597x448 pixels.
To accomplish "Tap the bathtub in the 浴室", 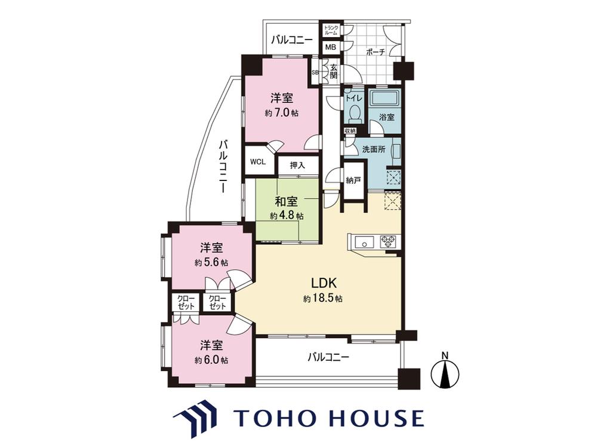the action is (x=386, y=99).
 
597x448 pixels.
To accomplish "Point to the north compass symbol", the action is (x=445, y=372).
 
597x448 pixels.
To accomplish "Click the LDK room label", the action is (x=323, y=283).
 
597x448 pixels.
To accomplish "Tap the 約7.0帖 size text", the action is (x=282, y=113).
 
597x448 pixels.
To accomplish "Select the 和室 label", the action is (x=287, y=201).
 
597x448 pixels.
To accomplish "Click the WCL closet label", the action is (x=258, y=161).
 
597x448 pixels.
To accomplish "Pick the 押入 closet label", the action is (x=298, y=165).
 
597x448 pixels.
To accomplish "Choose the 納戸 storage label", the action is (x=353, y=180).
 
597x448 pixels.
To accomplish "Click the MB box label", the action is (x=331, y=48).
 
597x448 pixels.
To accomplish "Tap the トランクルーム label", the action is (x=331, y=30).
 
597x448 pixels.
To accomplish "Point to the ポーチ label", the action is (x=376, y=52).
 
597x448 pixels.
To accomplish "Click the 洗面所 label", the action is (x=374, y=149).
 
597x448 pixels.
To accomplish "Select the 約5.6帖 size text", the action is (x=211, y=263).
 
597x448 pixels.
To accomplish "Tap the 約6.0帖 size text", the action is (x=211, y=360).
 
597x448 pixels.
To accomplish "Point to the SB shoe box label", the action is (x=315, y=72).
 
